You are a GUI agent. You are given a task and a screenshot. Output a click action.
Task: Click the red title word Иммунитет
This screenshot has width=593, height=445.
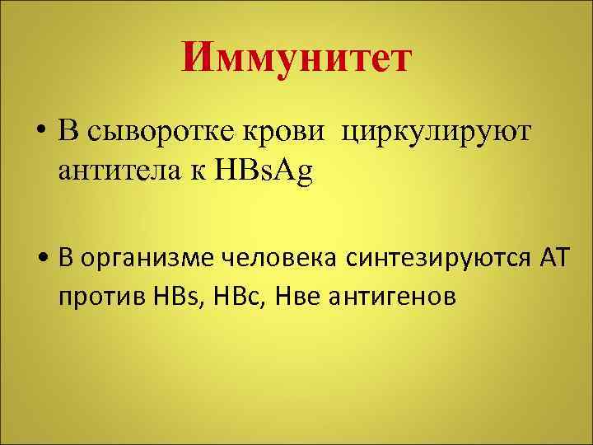coord(296,59)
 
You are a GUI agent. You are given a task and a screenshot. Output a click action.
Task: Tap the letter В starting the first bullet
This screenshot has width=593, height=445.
coord(67,131)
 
